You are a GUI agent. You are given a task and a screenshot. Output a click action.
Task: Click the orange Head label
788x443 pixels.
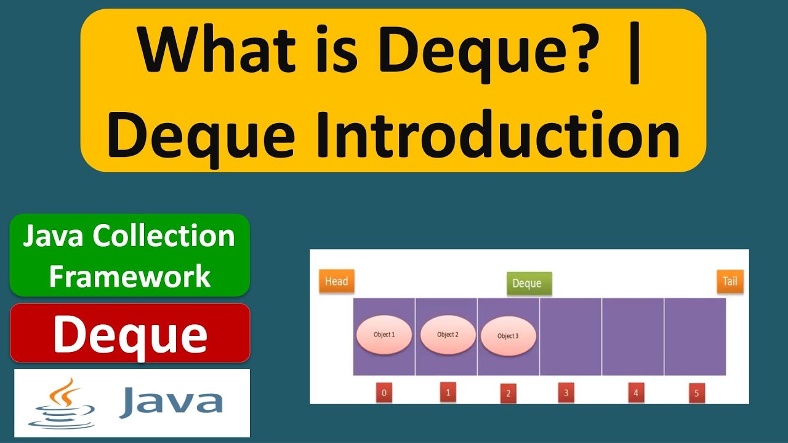(x=336, y=281)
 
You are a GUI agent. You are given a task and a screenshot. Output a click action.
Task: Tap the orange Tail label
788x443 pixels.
(x=730, y=281)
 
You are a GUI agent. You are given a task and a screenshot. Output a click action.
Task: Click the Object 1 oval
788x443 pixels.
(x=384, y=335)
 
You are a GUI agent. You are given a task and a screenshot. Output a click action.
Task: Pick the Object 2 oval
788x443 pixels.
(x=448, y=335)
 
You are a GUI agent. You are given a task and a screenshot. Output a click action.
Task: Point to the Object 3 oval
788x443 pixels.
(x=508, y=336)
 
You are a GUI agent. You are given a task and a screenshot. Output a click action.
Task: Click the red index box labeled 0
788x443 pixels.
(x=384, y=393)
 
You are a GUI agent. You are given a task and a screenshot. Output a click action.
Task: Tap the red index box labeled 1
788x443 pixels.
(x=448, y=392)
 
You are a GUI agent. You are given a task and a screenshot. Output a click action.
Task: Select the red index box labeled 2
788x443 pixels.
(x=508, y=394)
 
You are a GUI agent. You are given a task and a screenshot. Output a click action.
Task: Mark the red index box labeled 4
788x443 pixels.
(x=635, y=393)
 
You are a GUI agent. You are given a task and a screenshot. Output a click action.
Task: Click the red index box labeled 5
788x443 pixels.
(x=696, y=394)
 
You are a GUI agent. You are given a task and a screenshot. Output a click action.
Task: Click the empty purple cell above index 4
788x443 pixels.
(x=633, y=337)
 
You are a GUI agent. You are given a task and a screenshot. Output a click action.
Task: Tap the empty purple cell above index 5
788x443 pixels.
(x=695, y=337)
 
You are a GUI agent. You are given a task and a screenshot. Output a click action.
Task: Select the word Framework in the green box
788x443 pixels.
(x=130, y=276)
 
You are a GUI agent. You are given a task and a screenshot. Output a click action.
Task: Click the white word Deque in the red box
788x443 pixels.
(x=130, y=334)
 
